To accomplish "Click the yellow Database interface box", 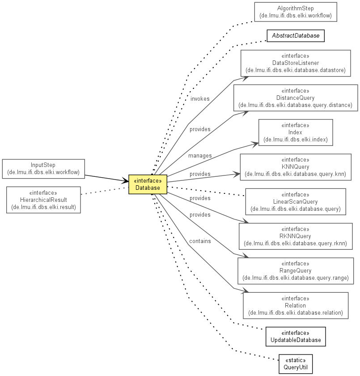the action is tap(148, 184).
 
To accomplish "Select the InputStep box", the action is tap(43, 169).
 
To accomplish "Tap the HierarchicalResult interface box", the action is tap(43, 200).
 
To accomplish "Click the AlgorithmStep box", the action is tap(296, 12).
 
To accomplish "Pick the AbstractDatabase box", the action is tap(296, 36).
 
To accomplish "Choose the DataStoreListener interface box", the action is tap(296, 63).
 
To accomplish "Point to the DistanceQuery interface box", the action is tap(296, 98).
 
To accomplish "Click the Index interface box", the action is tap(296, 132).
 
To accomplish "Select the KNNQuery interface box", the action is tap(296, 167).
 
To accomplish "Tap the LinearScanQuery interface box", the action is tap(296, 202).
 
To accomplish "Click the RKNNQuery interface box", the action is tap(296, 236).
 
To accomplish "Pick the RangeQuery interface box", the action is tap(296, 271).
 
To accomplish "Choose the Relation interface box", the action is tap(296, 305).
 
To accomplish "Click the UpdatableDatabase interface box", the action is tap(296, 337).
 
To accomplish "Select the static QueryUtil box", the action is tap(296, 364).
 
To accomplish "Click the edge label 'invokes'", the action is tap(200, 99).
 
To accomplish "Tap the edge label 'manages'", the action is tap(200, 156).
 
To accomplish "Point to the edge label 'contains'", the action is tap(200, 241).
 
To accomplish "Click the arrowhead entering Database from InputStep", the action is tap(125, 181).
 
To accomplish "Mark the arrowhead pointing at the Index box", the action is tap(255, 144).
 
